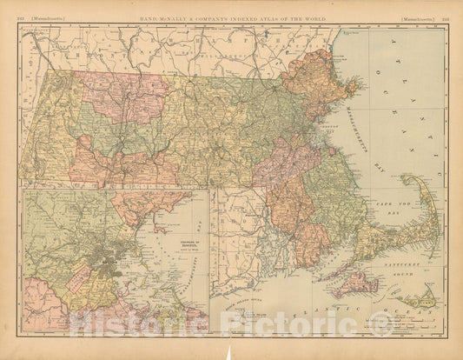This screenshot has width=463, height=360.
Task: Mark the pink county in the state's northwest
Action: tap(122, 96)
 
